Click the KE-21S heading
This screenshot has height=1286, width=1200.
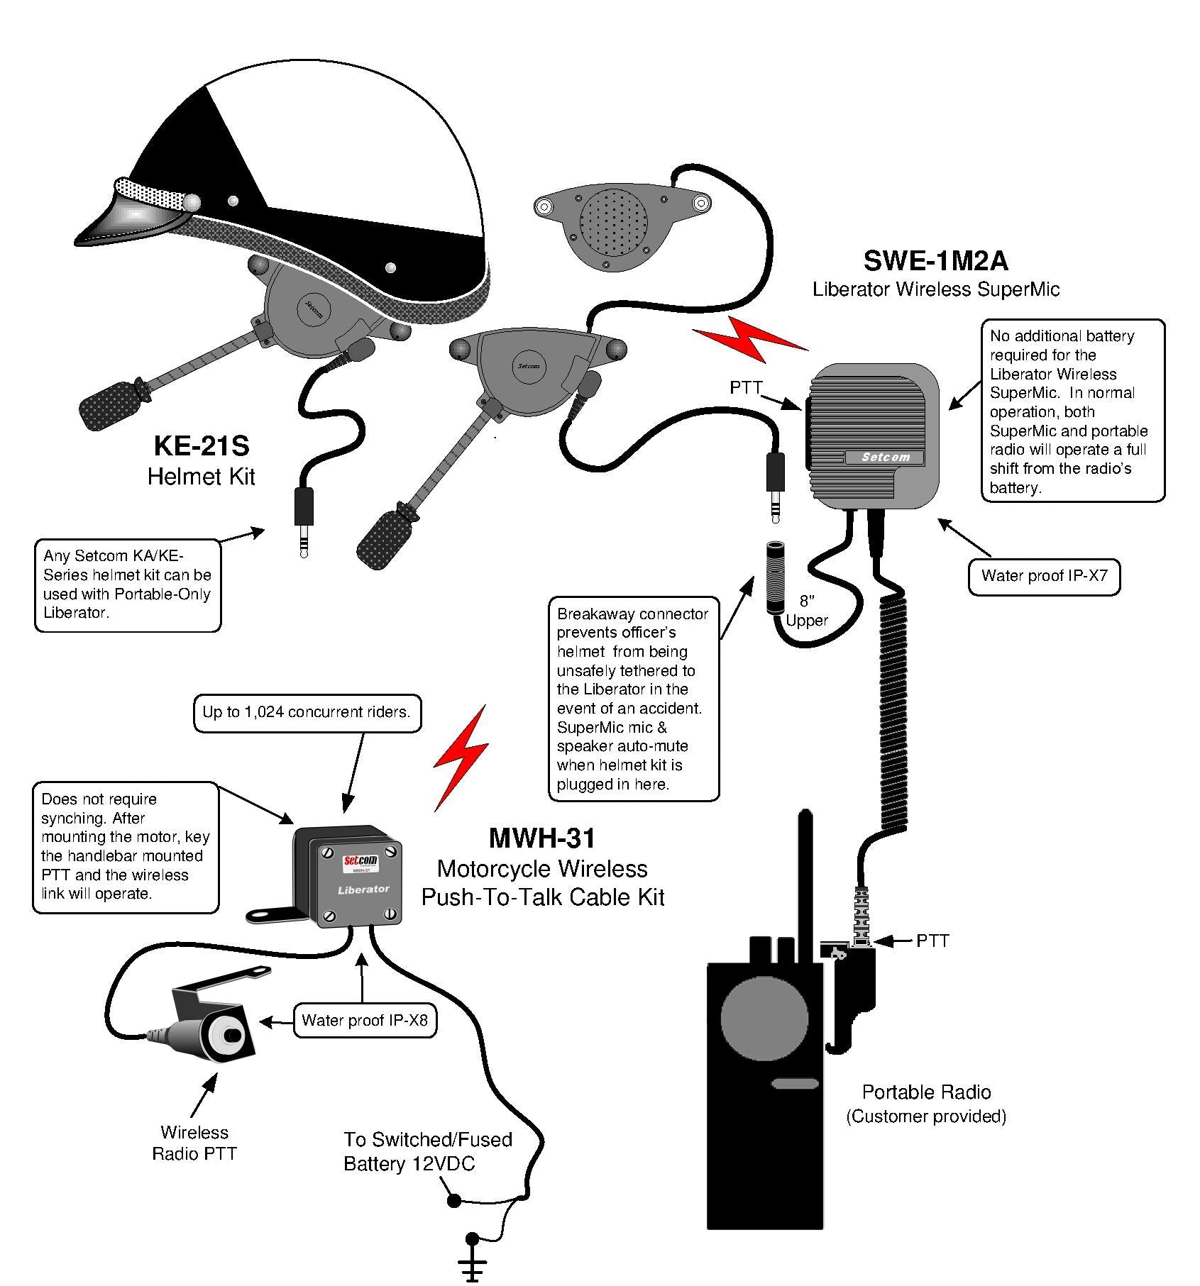click(202, 446)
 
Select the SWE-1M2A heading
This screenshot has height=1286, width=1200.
click(935, 261)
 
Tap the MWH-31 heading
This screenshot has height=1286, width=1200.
click(541, 838)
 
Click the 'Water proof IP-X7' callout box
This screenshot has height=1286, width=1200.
click(1043, 575)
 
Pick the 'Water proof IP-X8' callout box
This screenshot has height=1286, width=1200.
click(365, 1021)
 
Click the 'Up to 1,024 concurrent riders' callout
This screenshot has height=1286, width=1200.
click(307, 712)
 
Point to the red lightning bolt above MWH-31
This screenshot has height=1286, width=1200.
click(461, 758)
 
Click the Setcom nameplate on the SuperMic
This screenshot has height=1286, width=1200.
click(885, 458)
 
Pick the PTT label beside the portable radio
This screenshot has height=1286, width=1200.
click(932, 941)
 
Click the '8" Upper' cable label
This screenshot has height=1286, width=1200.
click(807, 611)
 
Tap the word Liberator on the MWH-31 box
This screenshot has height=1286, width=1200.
click(363, 889)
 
